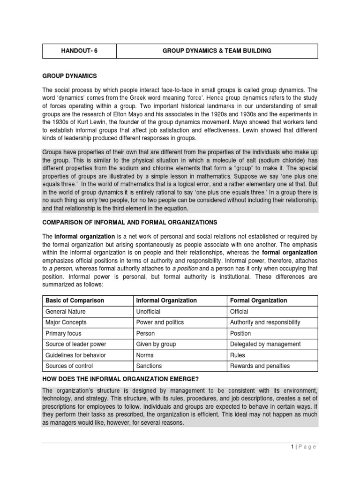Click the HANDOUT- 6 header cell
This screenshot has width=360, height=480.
[79, 51]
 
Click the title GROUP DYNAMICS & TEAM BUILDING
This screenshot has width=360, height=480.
[217, 51]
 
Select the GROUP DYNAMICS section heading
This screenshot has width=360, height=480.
[70, 76]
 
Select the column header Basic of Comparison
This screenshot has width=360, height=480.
[74, 300]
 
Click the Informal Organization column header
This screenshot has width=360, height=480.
[166, 300]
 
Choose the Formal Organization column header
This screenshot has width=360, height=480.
[258, 300]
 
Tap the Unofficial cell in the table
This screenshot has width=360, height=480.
[148, 312]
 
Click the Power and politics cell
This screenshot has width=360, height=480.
[159, 322]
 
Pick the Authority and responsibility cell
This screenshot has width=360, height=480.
[265, 322]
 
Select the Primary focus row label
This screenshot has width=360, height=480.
[63, 333]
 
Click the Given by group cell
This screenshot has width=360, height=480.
[156, 344]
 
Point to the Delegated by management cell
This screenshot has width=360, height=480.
[265, 344]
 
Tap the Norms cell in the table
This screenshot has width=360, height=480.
[144, 355]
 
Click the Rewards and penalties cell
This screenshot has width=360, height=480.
[260, 366]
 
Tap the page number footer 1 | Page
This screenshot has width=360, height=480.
[304, 447]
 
